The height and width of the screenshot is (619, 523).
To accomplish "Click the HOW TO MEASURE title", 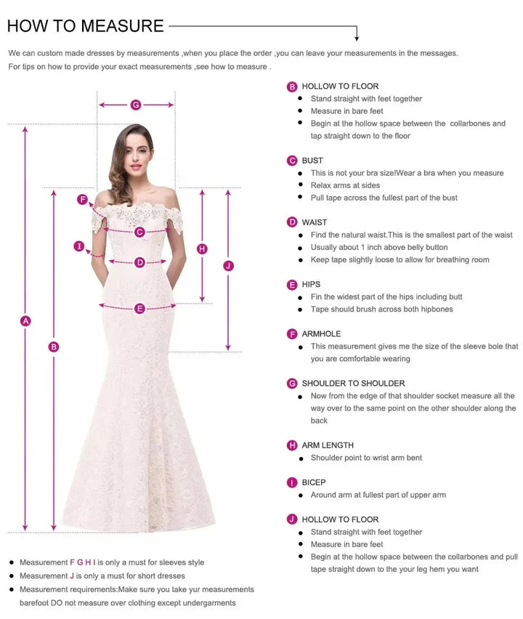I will click(85, 26).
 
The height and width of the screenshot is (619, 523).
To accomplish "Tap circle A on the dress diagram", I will click(26, 320).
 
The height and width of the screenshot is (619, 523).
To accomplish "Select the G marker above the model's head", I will click(136, 105).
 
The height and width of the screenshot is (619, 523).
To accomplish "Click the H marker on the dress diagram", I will click(202, 248).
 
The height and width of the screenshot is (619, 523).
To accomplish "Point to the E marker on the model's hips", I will click(140, 308).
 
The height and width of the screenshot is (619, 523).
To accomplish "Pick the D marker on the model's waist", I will click(140, 262).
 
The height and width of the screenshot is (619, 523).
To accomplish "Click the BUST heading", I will click(312, 161).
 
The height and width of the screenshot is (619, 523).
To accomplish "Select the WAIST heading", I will click(315, 222).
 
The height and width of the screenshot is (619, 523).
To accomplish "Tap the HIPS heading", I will click(311, 284).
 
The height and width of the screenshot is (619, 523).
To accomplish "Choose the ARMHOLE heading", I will click(321, 334).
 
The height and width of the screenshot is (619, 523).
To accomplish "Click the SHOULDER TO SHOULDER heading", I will click(353, 384).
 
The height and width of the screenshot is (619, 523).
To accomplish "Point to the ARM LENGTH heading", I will click(328, 445).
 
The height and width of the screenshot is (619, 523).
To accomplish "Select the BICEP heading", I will click(314, 482).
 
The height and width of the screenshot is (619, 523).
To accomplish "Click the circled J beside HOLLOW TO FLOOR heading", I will click(292, 519).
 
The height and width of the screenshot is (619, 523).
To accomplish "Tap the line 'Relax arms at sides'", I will click(345, 185).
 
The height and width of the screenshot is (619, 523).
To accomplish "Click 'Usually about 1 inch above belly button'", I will click(379, 247).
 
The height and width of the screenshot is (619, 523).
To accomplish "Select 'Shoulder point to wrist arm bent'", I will click(366, 458).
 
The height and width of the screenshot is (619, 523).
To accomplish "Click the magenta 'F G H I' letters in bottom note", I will click(82, 562).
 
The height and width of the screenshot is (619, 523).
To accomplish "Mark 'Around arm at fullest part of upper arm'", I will click(378, 495).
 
